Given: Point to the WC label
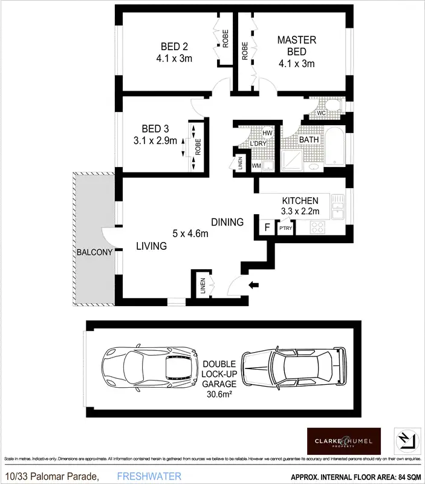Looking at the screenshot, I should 321,112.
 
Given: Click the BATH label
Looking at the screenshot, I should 309,140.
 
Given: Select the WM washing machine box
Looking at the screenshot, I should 256,165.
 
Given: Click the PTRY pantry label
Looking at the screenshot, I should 285,229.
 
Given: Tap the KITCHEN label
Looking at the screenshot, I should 300,200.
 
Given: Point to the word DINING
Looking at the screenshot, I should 227,222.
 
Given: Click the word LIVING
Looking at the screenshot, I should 151,246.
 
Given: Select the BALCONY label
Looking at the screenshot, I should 94,252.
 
